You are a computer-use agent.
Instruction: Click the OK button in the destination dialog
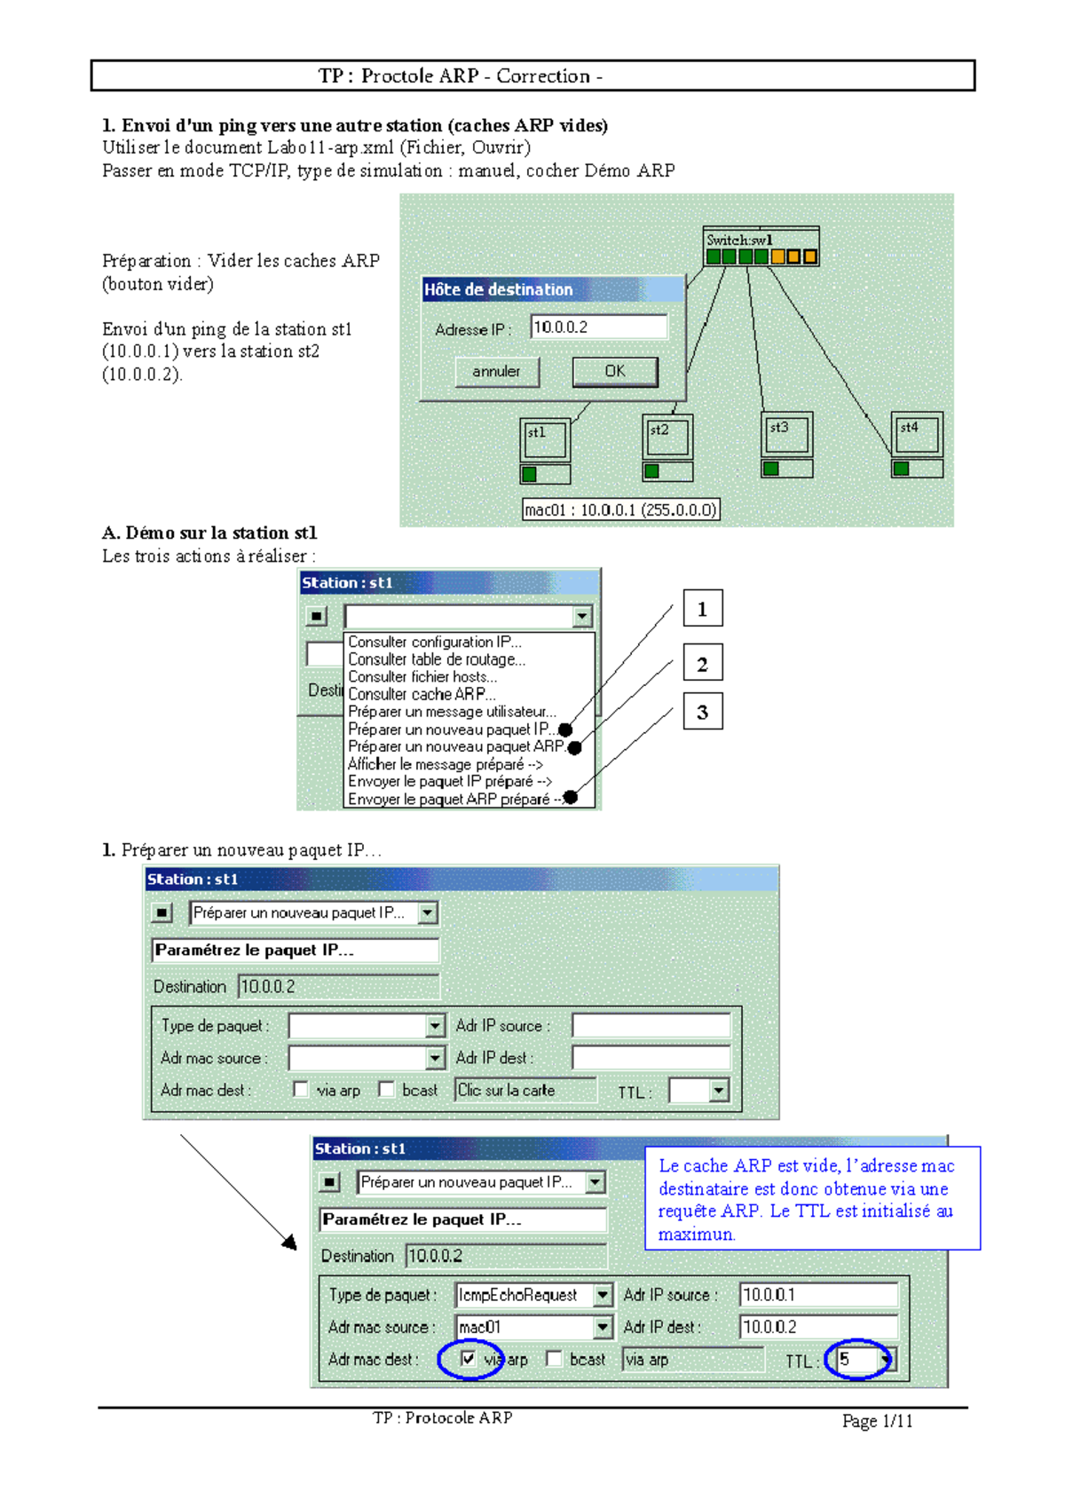click(614, 371)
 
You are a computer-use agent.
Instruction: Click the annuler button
click(496, 371)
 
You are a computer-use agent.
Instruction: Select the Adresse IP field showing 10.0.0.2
click(598, 327)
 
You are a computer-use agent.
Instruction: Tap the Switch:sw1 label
click(739, 240)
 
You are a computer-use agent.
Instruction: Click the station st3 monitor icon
click(786, 434)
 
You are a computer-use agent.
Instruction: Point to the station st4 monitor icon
click(917, 434)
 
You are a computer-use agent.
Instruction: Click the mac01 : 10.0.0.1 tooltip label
click(619, 509)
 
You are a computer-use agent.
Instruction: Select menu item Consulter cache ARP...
click(422, 694)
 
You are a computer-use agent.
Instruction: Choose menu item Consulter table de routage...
click(436, 659)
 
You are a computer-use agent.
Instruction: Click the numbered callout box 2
click(702, 664)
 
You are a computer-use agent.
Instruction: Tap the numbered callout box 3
click(702, 712)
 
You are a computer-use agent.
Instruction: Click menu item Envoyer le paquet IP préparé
click(449, 781)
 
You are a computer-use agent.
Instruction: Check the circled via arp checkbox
click(468, 1359)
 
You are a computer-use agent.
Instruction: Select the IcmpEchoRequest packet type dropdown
click(532, 1295)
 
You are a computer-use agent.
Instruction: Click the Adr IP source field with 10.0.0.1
click(817, 1295)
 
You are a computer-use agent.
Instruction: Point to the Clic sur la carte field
click(525, 1090)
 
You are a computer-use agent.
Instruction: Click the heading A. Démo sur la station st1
click(209, 533)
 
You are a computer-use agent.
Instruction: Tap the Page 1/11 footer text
click(877, 1421)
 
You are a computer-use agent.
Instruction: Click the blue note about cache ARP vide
click(811, 1198)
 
